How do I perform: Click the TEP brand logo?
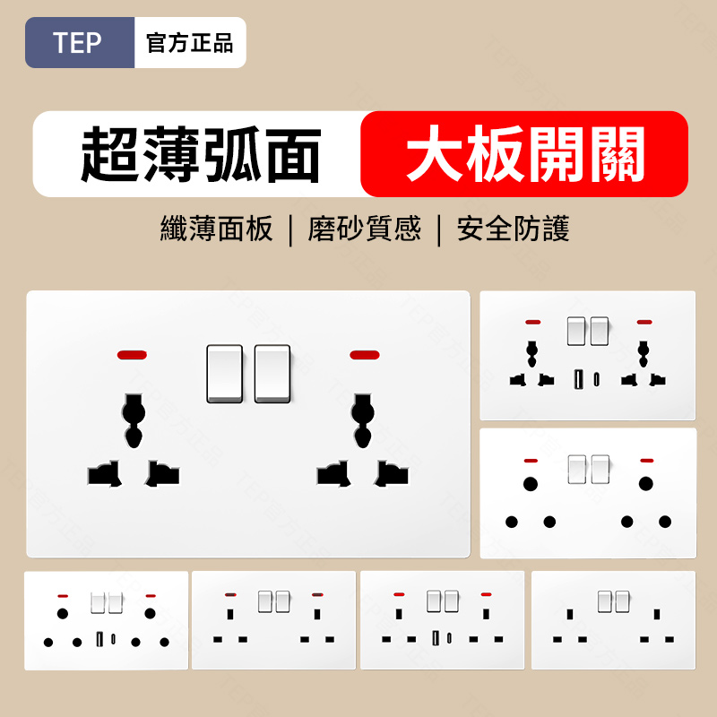pyautogui.click(x=77, y=42)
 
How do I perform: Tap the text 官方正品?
pyautogui.click(x=190, y=43)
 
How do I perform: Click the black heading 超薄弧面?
pyautogui.click(x=200, y=154)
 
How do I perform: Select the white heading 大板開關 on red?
pyautogui.click(x=525, y=153)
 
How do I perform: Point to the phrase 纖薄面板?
pyautogui.click(x=216, y=229)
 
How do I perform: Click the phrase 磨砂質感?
pyautogui.click(x=365, y=229)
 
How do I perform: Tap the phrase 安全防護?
pyautogui.click(x=513, y=229)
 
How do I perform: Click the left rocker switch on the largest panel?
pyautogui.click(x=225, y=374)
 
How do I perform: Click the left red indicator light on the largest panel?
pyautogui.click(x=132, y=355)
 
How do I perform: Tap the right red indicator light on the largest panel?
pyautogui.click(x=365, y=355)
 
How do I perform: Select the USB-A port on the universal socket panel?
pyautogui.click(x=579, y=379)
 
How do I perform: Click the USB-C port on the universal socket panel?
pyautogui.click(x=597, y=379)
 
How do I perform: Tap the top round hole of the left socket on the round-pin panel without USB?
pyautogui.click(x=531, y=484)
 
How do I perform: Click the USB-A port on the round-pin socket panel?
pyautogui.click(x=99, y=639)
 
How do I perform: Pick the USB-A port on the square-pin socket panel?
pyautogui.click(x=436, y=638)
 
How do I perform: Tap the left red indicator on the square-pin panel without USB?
pyautogui.click(x=230, y=594)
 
